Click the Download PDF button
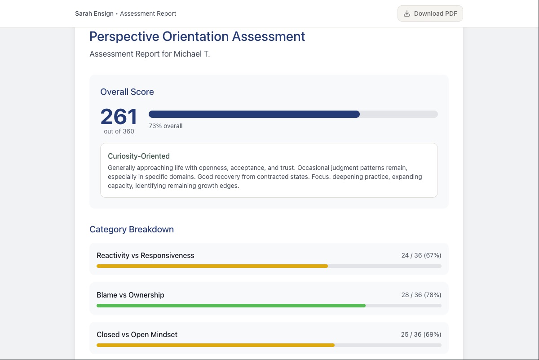click(430, 13)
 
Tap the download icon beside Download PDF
click(407, 13)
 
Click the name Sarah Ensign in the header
click(94, 13)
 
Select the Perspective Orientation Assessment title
click(197, 36)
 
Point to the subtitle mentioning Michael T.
click(150, 54)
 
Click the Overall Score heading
click(127, 92)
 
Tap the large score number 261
click(119, 117)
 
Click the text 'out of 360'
click(119, 131)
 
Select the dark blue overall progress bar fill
click(254, 114)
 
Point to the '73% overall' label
click(166, 126)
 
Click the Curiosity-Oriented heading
click(139, 156)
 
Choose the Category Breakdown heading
click(132, 229)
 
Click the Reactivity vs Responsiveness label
click(146, 255)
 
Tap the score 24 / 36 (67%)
click(421, 255)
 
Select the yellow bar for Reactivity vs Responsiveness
click(212, 266)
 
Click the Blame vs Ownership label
click(130, 295)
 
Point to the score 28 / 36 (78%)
click(421, 295)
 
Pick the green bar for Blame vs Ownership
click(231, 306)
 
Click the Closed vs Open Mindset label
click(137, 334)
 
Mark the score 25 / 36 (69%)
click(421, 334)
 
